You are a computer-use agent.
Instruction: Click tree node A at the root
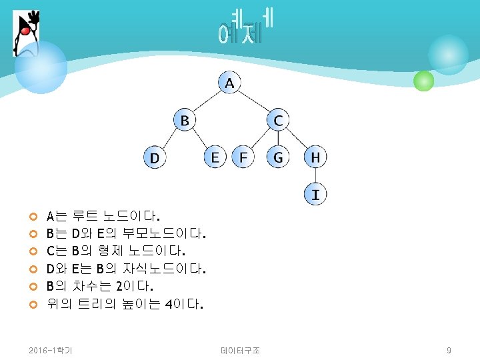[x=229, y=83]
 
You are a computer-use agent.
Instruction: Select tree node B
[x=185, y=121]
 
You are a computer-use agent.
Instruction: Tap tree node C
[x=278, y=121]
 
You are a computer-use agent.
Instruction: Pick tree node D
[x=155, y=158]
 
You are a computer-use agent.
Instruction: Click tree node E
[x=215, y=157]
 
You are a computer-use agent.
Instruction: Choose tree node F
[x=243, y=157]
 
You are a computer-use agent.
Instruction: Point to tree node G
[x=278, y=157]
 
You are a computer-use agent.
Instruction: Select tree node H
[x=315, y=157]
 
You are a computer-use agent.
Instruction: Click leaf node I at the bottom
[x=315, y=195]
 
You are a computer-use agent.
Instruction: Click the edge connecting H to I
[x=315, y=176]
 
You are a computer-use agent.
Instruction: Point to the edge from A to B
[x=207, y=102]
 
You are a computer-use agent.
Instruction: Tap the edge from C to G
[x=278, y=139]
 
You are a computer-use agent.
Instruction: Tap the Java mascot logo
[x=26, y=33]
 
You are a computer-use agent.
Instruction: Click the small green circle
[x=423, y=81]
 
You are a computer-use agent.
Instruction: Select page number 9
[x=449, y=350]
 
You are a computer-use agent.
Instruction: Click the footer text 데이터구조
[x=240, y=350]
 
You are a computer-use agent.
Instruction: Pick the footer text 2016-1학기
[x=51, y=350]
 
